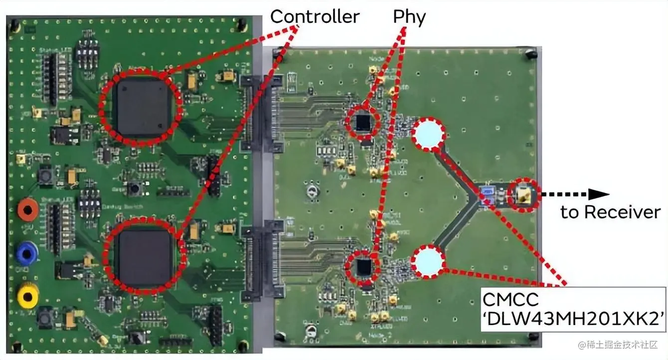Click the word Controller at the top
(315, 17)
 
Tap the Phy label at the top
(409, 17)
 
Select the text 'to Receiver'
(610, 212)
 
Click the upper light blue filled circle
(429, 134)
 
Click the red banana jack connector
(28, 209)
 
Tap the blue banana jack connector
(27, 253)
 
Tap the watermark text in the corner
(618, 345)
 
